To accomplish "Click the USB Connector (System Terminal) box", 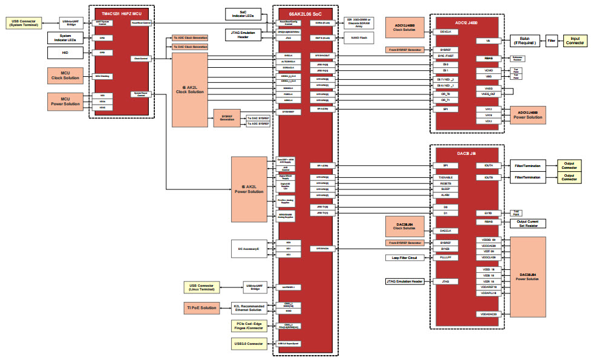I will pos(24,23).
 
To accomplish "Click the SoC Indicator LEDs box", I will pos(243,14).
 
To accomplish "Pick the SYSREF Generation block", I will pos(227,118).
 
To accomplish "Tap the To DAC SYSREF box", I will pos(258,117).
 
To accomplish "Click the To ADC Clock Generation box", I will pos(189,38).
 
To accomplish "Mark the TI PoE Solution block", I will pos(201,308).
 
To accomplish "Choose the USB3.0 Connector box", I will pos(249,344).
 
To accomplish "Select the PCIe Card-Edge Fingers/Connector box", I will pos(249,326).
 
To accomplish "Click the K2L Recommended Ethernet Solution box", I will pos(249,308).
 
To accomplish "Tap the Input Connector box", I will pos(575,41).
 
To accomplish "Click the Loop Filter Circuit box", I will pos(404,258).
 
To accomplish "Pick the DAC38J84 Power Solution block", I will pos(528,277).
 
